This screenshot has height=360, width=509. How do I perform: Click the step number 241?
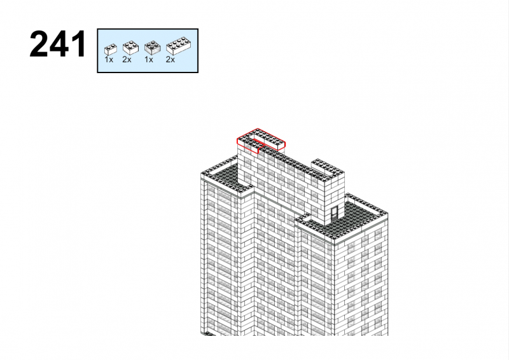pyautogui.click(x=58, y=44)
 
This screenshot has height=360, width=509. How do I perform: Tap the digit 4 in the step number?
pyautogui.click(x=59, y=44)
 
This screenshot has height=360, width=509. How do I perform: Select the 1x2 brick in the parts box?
pyautogui.click(x=110, y=50)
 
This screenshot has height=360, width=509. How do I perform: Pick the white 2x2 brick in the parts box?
pyautogui.click(x=130, y=48)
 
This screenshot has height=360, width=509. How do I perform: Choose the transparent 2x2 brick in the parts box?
pyautogui.click(x=152, y=48)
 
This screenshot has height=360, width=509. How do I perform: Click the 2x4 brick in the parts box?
pyautogui.click(x=178, y=46)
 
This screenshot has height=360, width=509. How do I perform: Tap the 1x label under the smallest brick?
pyautogui.click(x=109, y=60)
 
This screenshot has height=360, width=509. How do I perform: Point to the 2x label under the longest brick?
pyautogui.click(x=170, y=60)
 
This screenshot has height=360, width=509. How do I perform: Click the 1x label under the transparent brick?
pyautogui.click(x=149, y=60)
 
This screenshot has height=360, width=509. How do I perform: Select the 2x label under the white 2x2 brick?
pyautogui.click(x=127, y=60)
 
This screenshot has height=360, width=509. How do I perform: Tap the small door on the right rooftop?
pyautogui.click(x=335, y=213)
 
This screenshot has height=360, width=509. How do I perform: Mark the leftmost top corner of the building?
pyautogui.click(x=200, y=174)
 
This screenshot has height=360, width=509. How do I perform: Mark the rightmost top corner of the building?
pyautogui.click(x=388, y=212)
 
